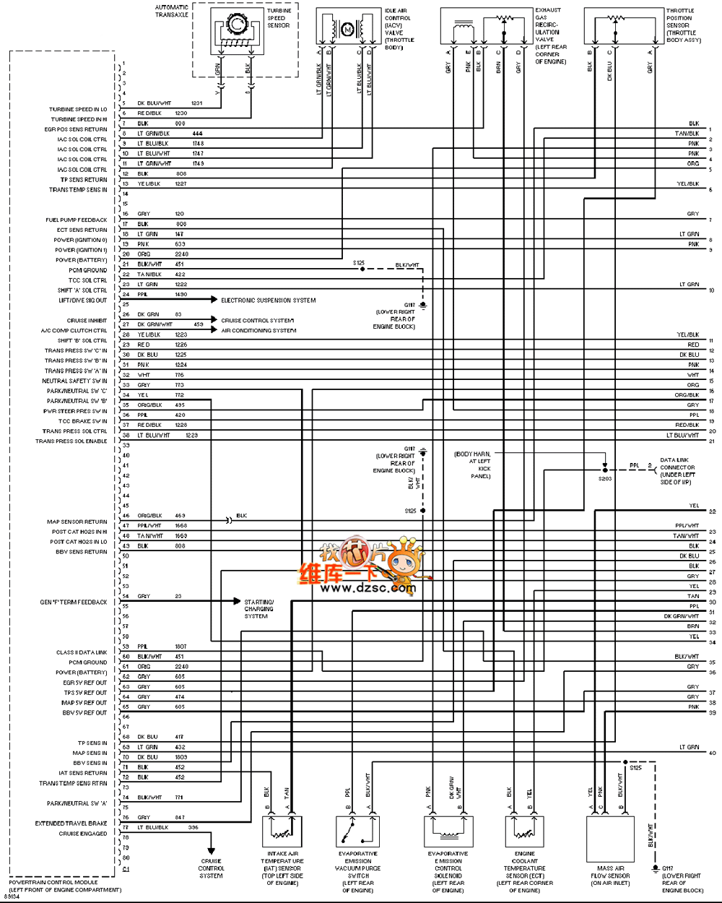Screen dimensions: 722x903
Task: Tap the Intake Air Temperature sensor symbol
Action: (282, 831)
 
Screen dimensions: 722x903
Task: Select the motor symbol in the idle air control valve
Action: (347, 30)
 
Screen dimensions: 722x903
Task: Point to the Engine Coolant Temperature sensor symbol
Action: (525, 831)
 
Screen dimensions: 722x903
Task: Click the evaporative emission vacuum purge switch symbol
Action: (357, 831)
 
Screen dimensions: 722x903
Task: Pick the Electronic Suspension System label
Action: (268, 301)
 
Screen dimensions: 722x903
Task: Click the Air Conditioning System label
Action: (258, 331)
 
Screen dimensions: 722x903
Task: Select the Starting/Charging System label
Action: (258, 609)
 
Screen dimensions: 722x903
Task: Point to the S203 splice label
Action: (604, 479)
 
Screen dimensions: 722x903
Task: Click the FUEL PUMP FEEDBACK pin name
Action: (76, 220)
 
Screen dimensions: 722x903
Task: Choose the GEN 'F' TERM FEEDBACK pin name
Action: (73, 602)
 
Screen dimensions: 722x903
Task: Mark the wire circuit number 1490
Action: (180, 295)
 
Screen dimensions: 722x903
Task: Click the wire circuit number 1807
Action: (180, 647)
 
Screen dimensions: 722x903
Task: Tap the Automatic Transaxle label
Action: (172, 11)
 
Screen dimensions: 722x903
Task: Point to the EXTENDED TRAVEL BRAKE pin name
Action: (71, 824)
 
